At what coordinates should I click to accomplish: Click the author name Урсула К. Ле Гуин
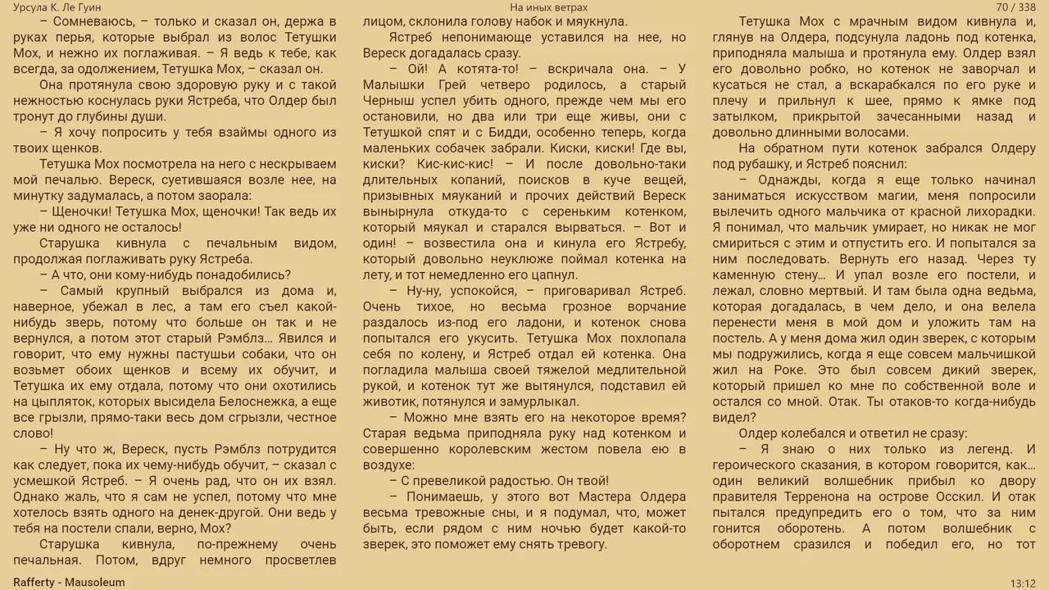(57, 7)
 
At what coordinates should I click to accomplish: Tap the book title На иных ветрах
(548, 7)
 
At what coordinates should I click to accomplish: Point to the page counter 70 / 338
(1016, 7)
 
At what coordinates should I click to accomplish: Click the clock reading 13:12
(1022, 583)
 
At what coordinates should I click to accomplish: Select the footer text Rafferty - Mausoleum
(69, 582)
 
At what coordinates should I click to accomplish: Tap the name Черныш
(390, 101)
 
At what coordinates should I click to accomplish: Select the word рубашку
(770, 164)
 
